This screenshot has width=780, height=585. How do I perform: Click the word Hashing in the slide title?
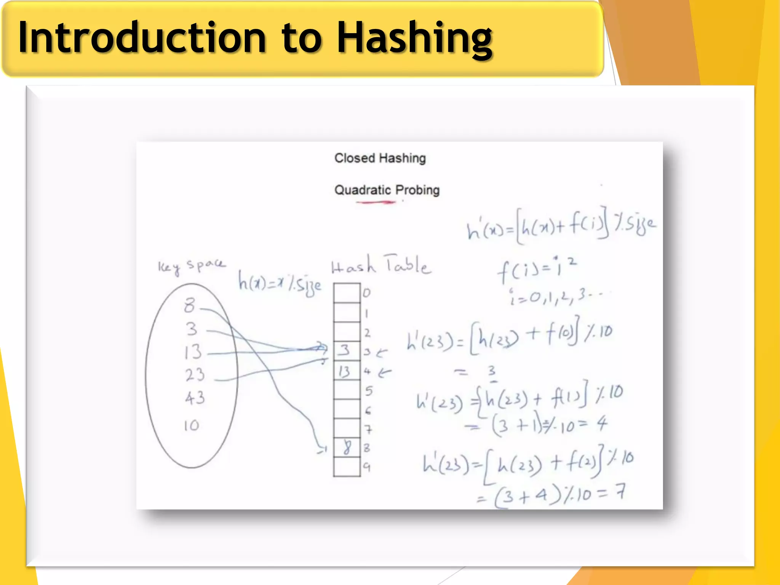pyautogui.click(x=415, y=38)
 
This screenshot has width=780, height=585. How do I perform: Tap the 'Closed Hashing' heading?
pyautogui.click(x=380, y=158)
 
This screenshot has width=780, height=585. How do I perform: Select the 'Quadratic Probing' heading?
pyautogui.click(x=387, y=190)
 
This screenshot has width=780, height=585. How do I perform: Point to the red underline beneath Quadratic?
pyautogui.click(x=376, y=202)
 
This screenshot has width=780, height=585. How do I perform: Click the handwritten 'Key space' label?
pyautogui.click(x=192, y=265)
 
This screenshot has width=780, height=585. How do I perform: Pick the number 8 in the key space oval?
pyautogui.click(x=190, y=305)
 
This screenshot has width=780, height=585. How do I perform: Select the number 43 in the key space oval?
pyautogui.click(x=195, y=398)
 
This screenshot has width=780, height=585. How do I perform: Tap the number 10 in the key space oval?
pyautogui.click(x=191, y=425)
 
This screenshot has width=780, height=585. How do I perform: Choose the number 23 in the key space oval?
pyautogui.click(x=195, y=375)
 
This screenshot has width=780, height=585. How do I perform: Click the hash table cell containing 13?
pyautogui.click(x=346, y=371)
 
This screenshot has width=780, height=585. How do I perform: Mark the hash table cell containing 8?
pyautogui.click(x=347, y=448)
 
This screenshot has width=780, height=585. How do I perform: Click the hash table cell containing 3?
pyautogui.click(x=346, y=350)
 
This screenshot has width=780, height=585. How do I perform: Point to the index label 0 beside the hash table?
pyautogui.click(x=366, y=293)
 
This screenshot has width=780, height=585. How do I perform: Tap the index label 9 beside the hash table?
pyautogui.click(x=366, y=467)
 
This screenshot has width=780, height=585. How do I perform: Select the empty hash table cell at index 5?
pyautogui.click(x=347, y=390)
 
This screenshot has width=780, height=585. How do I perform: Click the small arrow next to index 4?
pyautogui.click(x=385, y=372)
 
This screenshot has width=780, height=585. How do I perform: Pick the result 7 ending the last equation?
pyautogui.click(x=620, y=492)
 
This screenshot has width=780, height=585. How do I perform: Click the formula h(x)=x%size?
pyautogui.click(x=280, y=283)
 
